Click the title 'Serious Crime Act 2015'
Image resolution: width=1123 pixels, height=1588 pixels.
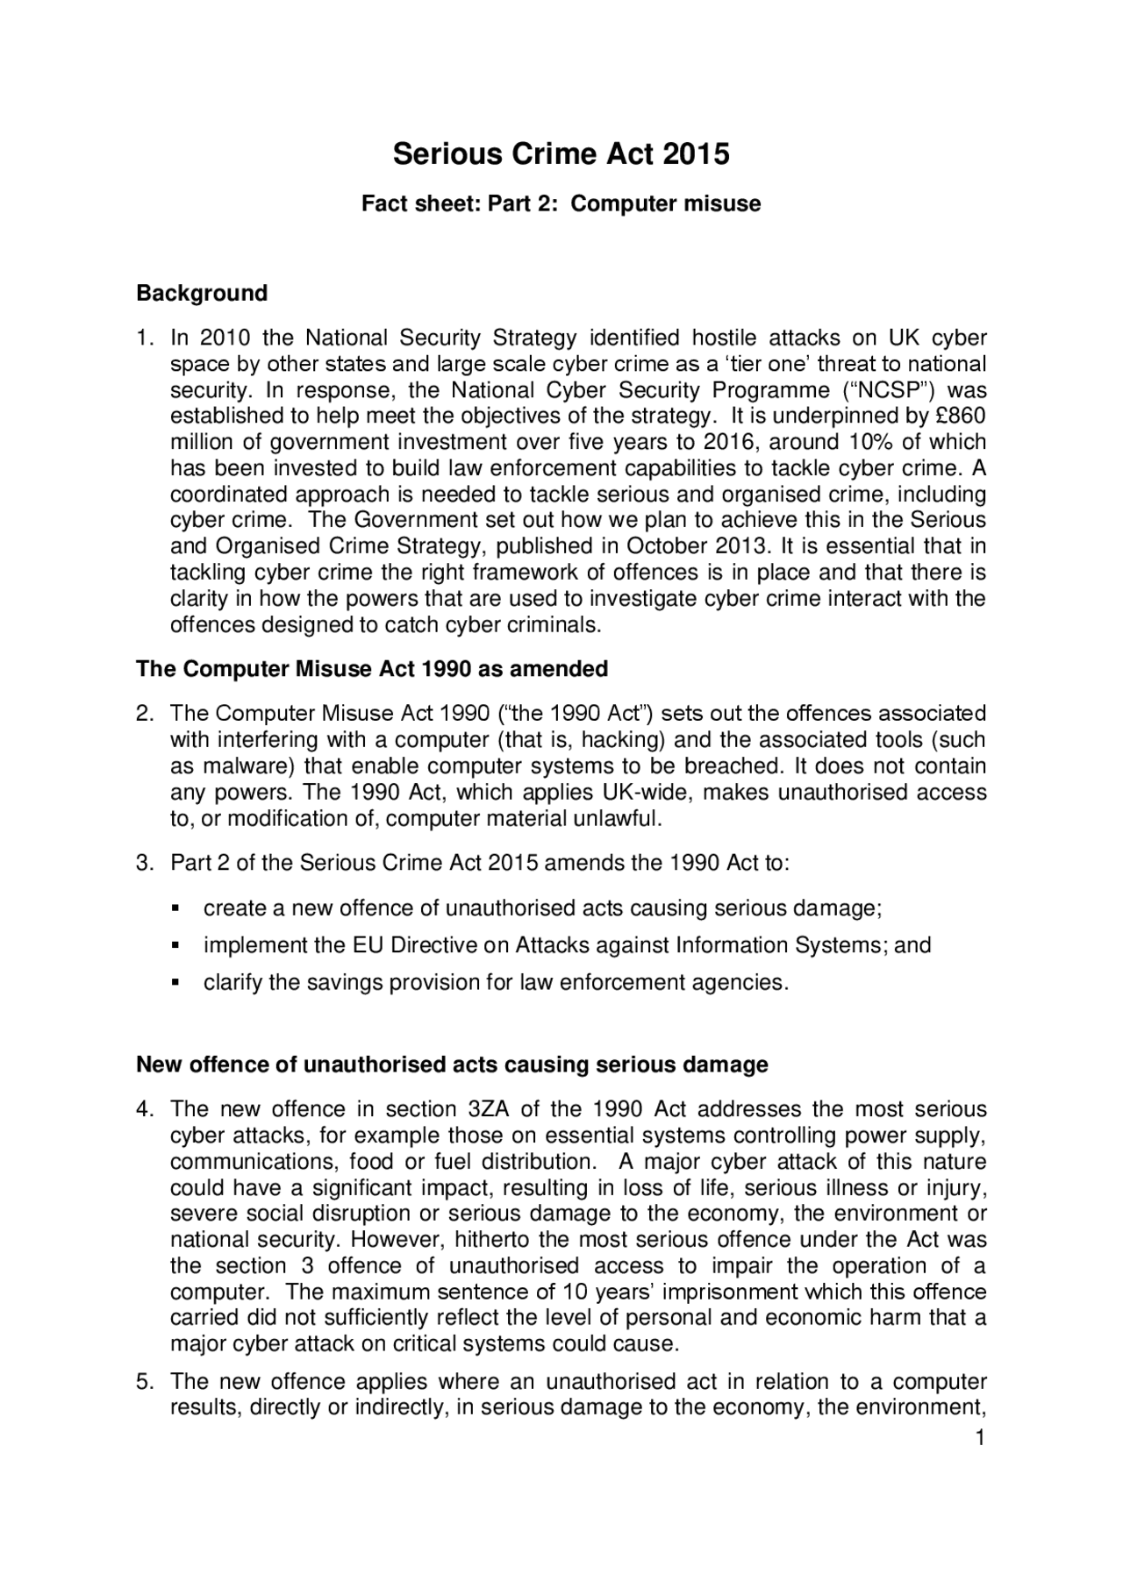pos(561,154)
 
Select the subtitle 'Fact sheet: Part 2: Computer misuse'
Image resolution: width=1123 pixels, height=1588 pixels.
pos(561,204)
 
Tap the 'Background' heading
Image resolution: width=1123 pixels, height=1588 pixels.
pos(202,293)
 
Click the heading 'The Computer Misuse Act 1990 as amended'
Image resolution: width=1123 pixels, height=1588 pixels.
pos(372,669)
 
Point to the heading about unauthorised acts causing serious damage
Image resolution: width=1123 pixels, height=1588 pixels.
pos(452,1065)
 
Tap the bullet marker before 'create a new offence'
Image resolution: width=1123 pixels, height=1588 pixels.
pos(175,908)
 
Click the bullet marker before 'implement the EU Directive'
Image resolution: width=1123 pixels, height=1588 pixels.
pos(175,946)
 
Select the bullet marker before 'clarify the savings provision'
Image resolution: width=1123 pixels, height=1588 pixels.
pos(175,983)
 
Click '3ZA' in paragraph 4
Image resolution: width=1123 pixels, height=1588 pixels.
pos(483,1109)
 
